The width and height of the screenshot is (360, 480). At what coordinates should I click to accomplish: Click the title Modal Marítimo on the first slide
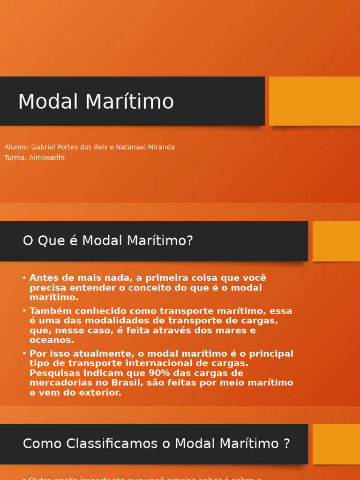[96, 102]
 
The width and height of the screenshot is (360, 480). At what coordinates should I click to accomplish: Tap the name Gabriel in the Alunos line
[44, 147]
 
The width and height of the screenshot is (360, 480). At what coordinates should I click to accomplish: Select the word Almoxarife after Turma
[47, 157]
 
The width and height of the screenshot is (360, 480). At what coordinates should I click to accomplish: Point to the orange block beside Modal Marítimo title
[314, 101]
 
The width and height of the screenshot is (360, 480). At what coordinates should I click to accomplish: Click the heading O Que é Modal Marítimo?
[108, 241]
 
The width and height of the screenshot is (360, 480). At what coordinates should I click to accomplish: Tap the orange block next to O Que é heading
[336, 241]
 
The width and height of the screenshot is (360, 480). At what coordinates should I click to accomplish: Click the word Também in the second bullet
[48, 311]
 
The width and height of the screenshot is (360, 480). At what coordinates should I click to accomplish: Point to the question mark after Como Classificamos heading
[287, 443]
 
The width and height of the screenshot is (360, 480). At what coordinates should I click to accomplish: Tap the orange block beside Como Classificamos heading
[336, 444]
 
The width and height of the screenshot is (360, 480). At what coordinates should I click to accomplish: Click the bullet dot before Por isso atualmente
[24, 354]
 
